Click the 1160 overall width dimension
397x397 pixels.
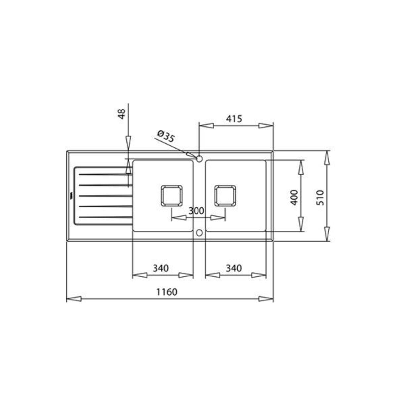click(167, 292)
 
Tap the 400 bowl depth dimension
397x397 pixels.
click(294, 198)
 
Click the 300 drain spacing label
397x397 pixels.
click(197, 211)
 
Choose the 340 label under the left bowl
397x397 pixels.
click(161, 268)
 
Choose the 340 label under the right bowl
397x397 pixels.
click(234, 268)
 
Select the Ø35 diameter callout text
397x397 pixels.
click(165, 136)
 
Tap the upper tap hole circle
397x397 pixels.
click(199, 159)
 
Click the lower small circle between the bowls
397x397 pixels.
click(199, 233)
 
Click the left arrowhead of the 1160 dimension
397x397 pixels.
click(74, 299)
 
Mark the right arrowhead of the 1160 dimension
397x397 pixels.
click(266, 299)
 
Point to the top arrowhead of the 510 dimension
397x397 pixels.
click(327, 158)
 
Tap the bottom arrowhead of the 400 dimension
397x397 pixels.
click(301, 224)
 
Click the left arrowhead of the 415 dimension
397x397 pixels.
click(206, 126)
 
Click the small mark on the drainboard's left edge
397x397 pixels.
click(71, 196)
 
